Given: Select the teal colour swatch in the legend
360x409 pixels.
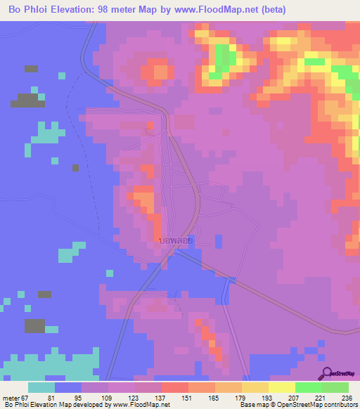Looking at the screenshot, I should coord(41,387).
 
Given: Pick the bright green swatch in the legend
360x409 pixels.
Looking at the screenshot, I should coord(308,387).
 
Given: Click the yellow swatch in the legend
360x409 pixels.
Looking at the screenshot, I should coord(281,387).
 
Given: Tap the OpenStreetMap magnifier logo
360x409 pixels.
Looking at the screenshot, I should coord(326,372).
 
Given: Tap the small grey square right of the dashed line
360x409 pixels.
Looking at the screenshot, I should coord(75,167).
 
